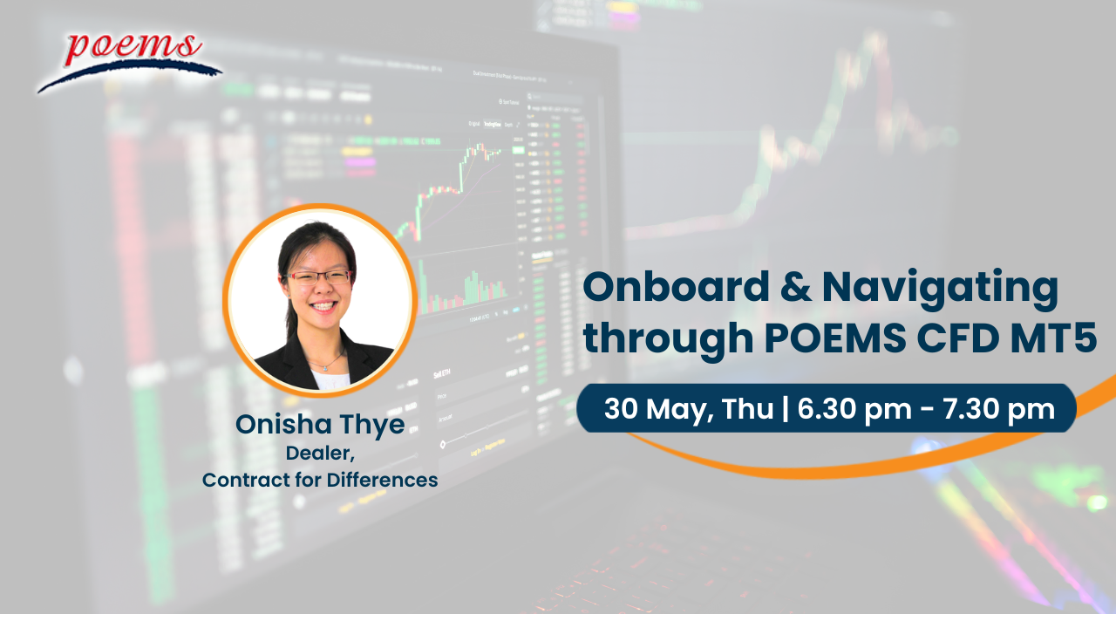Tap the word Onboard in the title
tap(676, 287)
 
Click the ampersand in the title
tap(796, 287)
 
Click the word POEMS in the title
tap(835, 338)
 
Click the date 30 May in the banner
tap(656, 410)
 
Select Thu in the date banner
tap(747, 408)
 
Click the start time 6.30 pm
tap(854, 410)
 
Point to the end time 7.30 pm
tap(998, 410)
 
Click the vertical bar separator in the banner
tap(786, 409)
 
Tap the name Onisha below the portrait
tap(283, 424)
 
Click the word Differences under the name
tap(382, 480)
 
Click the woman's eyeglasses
tap(319, 277)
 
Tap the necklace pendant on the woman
tap(325, 368)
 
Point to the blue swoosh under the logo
tap(130, 75)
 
